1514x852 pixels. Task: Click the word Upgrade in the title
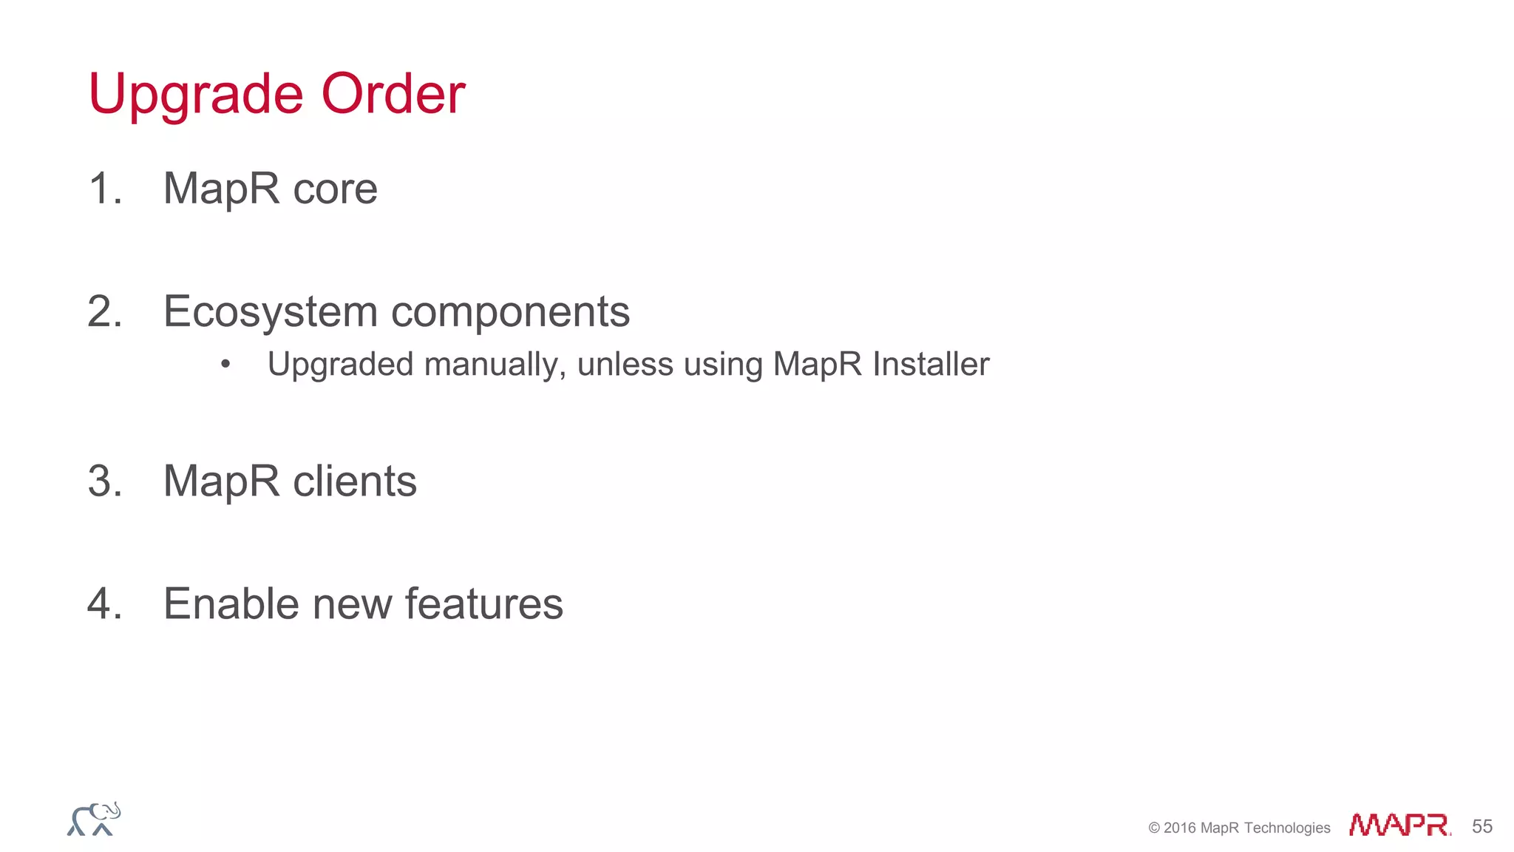(195, 95)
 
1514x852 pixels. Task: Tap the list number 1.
(102, 188)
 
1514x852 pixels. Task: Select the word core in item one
(335, 189)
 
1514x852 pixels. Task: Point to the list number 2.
(103, 311)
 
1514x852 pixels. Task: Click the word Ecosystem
(270, 312)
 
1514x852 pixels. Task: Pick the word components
(510, 312)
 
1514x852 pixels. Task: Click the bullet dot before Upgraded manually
(225, 364)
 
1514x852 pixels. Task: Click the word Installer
(930, 364)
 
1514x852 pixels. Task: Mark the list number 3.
(103, 481)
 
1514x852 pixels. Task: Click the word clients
(354, 481)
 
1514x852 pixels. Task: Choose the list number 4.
(103, 603)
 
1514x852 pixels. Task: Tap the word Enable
(231, 603)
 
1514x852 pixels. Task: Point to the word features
(483, 603)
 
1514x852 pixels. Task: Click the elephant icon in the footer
(94, 819)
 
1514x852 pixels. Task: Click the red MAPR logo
(1399, 825)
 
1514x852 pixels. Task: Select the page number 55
(1481, 826)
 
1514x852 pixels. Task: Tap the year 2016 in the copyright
(1179, 828)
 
